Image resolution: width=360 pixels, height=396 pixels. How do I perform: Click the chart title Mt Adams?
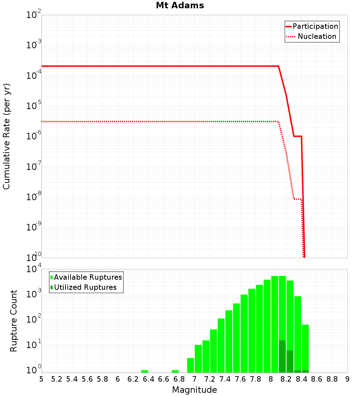pos(180,5)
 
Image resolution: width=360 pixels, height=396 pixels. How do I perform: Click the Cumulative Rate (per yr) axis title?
pos(6,136)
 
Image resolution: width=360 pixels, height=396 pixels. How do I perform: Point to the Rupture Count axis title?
pos(14,321)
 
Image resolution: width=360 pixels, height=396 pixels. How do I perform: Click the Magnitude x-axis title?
pos(194,390)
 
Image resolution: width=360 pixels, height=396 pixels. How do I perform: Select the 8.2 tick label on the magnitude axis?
pos(286,379)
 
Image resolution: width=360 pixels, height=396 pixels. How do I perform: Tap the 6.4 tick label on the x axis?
pos(148,379)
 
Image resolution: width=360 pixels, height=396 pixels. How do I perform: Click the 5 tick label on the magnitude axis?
pos(41,379)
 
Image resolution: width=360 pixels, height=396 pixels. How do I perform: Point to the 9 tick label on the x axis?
pos(347,379)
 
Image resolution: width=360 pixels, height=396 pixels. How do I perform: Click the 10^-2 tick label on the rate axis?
pos(34,15)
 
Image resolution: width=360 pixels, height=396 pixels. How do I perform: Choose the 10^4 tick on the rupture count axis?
pos(34,269)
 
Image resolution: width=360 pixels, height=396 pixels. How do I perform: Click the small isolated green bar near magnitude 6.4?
pos(145,371)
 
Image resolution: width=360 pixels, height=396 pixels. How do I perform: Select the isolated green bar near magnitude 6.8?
pos(175,371)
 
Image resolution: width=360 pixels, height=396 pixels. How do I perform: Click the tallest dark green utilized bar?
pos(282,356)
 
